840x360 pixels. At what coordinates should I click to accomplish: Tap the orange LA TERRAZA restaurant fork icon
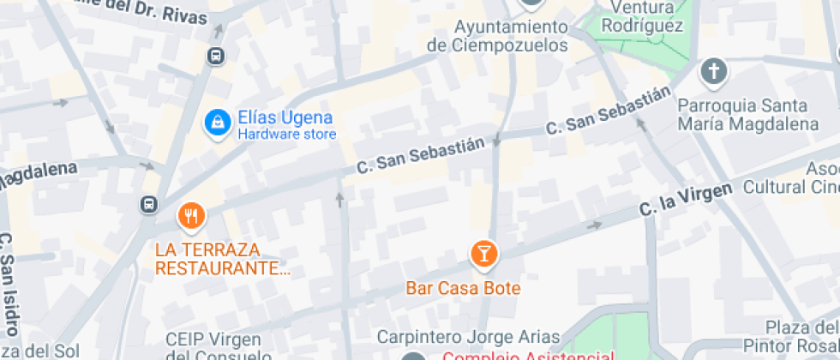pyautogui.click(x=191, y=216)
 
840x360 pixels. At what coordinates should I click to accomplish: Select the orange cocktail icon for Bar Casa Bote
pyautogui.click(x=484, y=254)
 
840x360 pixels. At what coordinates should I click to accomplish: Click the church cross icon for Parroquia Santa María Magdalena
pyautogui.click(x=713, y=73)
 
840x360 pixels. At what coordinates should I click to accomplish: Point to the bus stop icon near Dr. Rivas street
pyautogui.click(x=217, y=57)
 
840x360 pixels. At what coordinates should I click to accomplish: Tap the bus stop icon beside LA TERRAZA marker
pyautogui.click(x=150, y=204)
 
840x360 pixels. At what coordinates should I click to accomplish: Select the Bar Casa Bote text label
pyautogui.click(x=464, y=288)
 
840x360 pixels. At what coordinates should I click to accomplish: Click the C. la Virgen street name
pyautogui.click(x=686, y=200)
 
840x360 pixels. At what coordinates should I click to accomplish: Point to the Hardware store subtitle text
pyautogui.click(x=287, y=135)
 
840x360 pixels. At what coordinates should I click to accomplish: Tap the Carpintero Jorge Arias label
pyautogui.click(x=468, y=337)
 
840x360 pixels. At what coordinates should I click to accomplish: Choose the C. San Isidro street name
pyautogui.click(x=8, y=283)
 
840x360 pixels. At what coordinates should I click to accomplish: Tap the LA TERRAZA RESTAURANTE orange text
pyautogui.click(x=223, y=259)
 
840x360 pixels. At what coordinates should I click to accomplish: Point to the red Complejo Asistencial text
pyautogui.click(x=528, y=355)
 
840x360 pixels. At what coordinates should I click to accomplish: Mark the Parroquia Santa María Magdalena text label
pyautogui.click(x=742, y=115)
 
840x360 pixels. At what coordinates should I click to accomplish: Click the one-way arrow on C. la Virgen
pyautogui.click(x=594, y=225)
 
